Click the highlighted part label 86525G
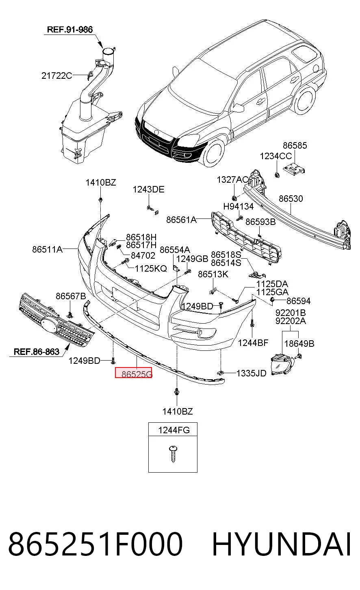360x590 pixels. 137,374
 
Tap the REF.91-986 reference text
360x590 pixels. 70,30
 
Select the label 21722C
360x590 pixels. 56,76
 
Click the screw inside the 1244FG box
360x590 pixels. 173,454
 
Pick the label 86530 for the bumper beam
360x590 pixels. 291,199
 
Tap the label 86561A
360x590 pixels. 181,220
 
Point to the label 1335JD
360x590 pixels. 252,373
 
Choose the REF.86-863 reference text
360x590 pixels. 37,352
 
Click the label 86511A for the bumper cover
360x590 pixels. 48,249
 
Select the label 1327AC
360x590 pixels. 232,179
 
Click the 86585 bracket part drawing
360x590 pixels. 294,169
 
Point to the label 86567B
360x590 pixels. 71,296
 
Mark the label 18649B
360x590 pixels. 299,344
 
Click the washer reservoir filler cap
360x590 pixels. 108,51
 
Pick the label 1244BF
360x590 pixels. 253,343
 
